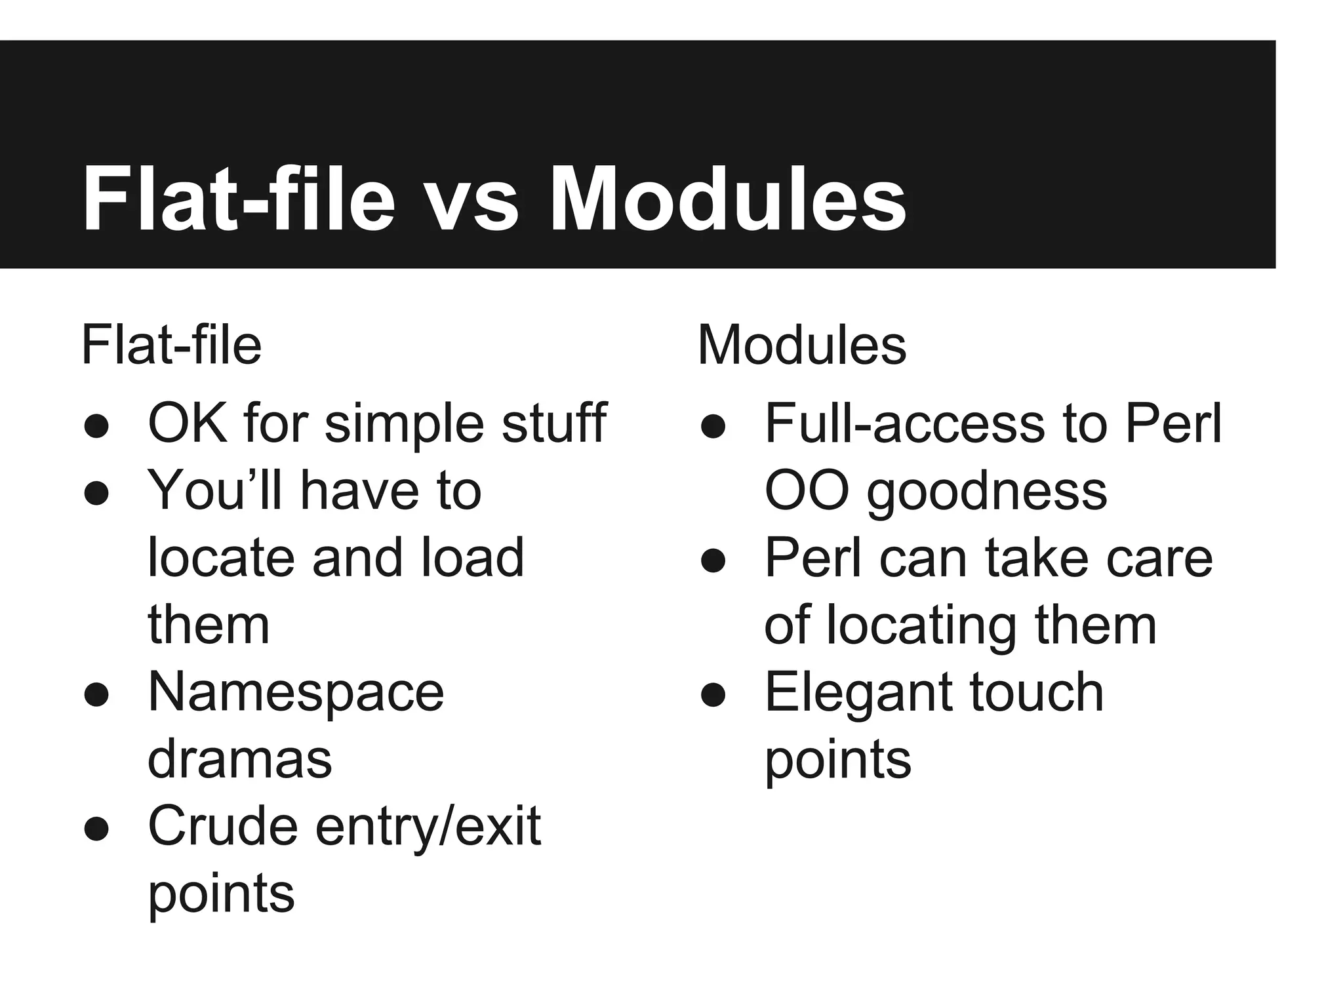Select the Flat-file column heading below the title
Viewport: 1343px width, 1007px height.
pyautogui.click(x=171, y=346)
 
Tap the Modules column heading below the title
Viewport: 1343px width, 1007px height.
pyautogui.click(x=802, y=346)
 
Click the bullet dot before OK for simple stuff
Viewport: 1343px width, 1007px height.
pyautogui.click(x=96, y=425)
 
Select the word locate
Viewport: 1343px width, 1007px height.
pyautogui.click(x=221, y=558)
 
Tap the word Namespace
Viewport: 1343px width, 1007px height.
pyautogui.click(x=296, y=692)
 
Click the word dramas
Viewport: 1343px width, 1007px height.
pyautogui.click(x=240, y=760)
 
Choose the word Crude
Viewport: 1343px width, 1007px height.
pyautogui.click(x=222, y=826)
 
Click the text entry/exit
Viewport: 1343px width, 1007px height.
pyautogui.click(x=428, y=827)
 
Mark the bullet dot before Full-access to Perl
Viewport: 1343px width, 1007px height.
pyautogui.click(x=713, y=425)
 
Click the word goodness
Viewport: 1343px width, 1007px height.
pyautogui.click(x=987, y=492)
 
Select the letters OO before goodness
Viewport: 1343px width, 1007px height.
pyautogui.click(x=807, y=491)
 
